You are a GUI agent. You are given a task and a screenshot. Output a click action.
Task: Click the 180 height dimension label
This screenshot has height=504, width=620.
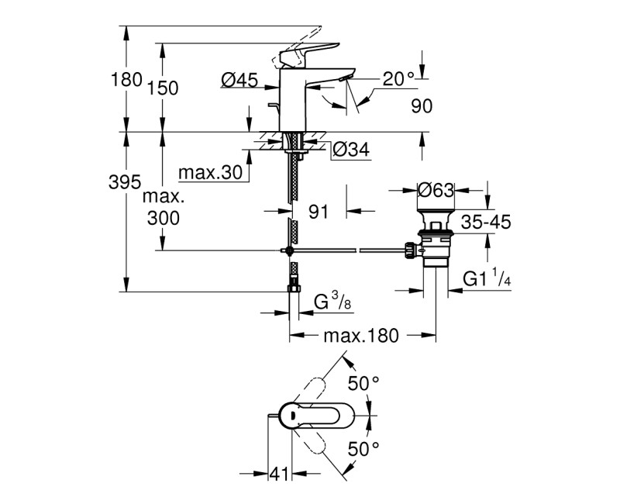point(127,79)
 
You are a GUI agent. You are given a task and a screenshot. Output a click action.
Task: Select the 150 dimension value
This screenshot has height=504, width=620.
point(163,88)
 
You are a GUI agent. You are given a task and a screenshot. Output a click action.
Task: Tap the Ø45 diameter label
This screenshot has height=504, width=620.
point(239,79)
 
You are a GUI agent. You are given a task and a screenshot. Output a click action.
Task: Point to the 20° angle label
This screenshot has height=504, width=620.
point(399,79)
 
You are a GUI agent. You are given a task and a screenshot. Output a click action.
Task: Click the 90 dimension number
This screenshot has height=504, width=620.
point(422,107)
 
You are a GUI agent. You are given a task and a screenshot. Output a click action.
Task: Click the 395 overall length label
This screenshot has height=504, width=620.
point(125,183)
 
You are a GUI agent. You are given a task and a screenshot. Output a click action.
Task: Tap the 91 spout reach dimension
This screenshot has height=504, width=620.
point(318,209)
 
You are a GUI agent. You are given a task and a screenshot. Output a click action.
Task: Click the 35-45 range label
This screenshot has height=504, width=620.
point(485,223)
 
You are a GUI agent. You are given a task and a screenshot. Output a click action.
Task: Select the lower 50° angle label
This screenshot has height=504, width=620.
point(363,448)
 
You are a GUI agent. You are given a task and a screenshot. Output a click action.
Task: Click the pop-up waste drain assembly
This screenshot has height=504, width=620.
point(435,240)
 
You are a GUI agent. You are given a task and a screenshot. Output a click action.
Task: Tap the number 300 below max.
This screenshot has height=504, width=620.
point(163,218)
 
